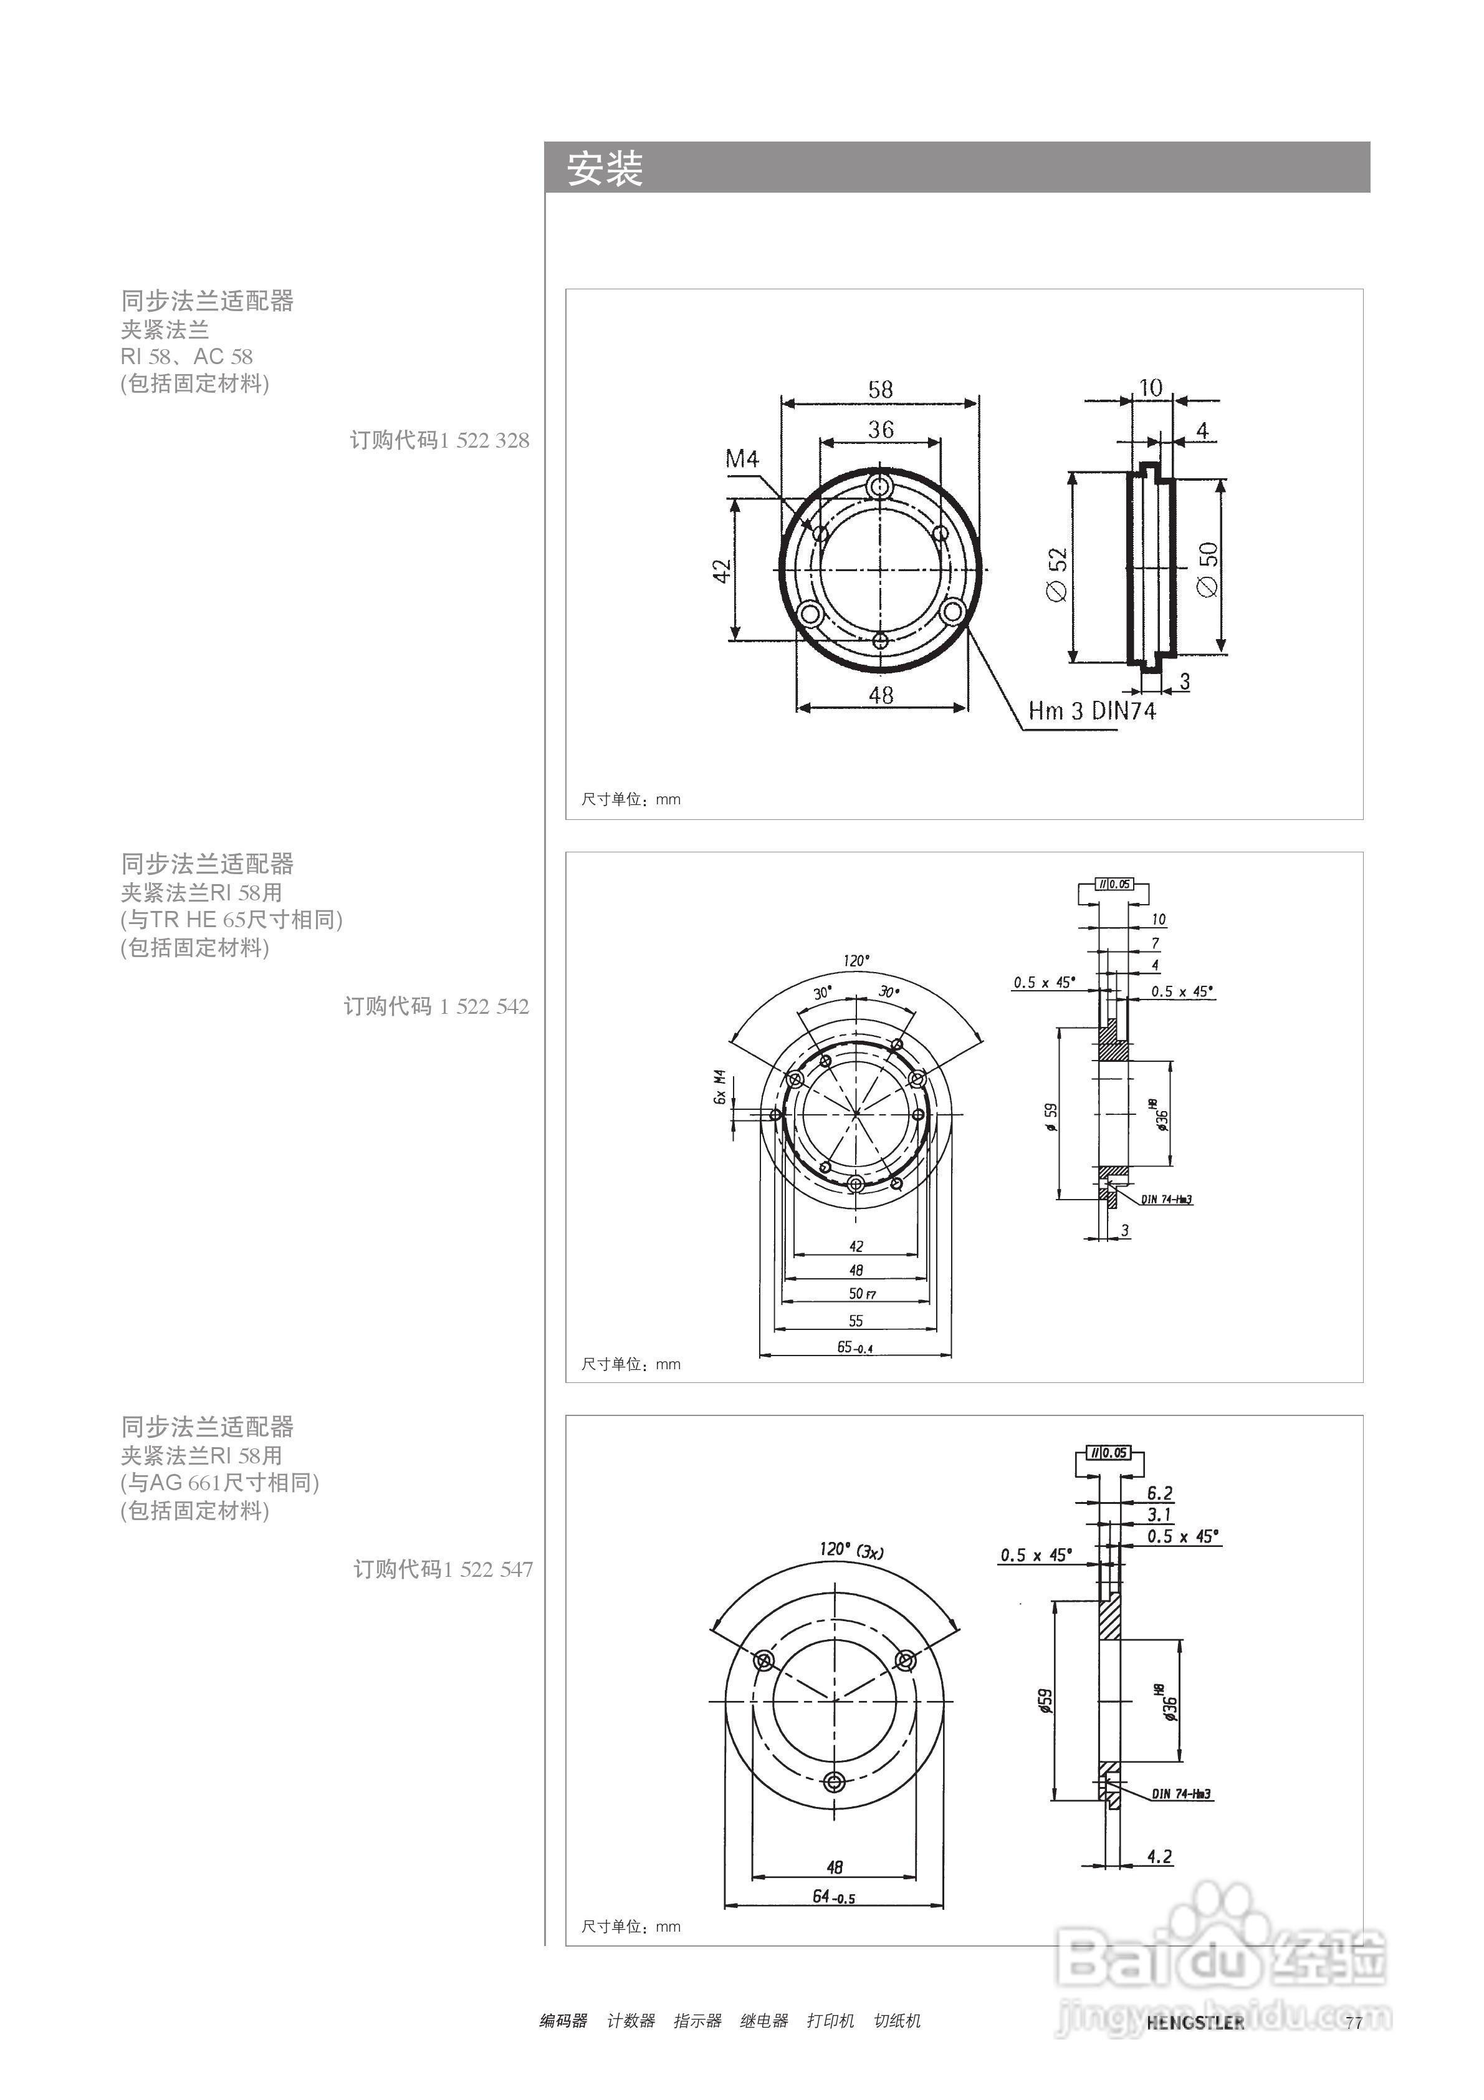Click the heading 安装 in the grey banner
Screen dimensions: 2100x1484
[605, 169]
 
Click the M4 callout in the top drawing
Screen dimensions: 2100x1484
[742, 458]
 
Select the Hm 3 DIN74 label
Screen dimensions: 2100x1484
[1092, 711]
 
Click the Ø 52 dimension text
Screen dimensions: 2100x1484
[1057, 574]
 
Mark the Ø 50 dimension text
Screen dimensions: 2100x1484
[1208, 569]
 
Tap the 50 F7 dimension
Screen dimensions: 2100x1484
[861, 1293]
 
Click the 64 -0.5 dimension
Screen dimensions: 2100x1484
[833, 1897]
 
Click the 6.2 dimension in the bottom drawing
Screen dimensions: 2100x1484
[1159, 1493]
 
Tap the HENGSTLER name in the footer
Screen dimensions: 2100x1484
[1195, 2022]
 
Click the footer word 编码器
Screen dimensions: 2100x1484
[563, 2020]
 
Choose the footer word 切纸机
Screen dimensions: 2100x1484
[897, 2020]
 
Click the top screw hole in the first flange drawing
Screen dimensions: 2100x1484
[881, 486]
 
